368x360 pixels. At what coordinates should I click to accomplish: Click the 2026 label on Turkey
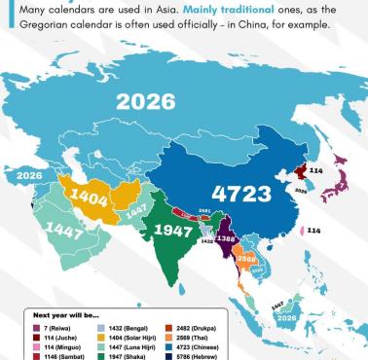(x=29, y=175)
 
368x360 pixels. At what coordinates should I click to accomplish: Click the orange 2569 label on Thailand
(x=247, y=260)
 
